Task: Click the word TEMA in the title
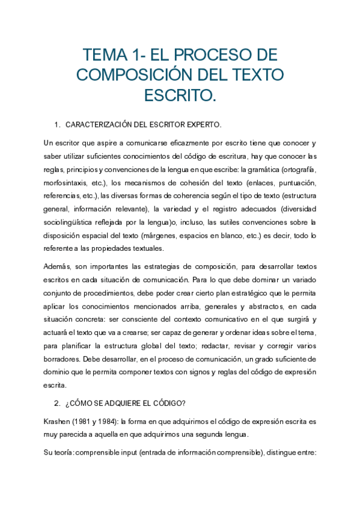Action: (105, 55)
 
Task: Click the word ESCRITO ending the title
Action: (180, 95)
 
